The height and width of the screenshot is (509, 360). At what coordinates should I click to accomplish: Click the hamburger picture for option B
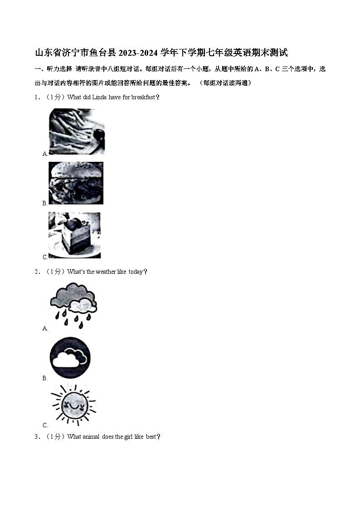pos(76,183)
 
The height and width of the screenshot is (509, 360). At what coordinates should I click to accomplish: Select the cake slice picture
pos(74,235)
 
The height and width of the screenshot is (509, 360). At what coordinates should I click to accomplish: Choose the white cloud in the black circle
pos(70,358)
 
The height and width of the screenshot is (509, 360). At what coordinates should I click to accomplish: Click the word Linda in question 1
pos(100,97)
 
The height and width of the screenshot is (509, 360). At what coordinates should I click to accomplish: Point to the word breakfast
pos(143,97)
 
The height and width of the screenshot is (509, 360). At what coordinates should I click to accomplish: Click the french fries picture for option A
pos(77,131)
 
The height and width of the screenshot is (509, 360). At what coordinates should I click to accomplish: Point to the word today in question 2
pos(135,271)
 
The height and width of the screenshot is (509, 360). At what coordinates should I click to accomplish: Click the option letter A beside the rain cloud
pos(45,329)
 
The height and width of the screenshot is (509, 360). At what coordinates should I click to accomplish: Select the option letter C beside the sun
pos(45,426)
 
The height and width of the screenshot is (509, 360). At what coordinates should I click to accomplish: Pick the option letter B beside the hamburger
pos(45,203)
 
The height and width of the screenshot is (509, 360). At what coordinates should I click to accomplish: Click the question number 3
pos(36,437)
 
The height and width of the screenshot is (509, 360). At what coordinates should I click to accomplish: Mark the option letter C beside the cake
pos(45,257)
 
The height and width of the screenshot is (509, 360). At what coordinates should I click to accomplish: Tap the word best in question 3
pos(151,437)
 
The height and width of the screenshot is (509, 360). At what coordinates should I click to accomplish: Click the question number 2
pos(36,271)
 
